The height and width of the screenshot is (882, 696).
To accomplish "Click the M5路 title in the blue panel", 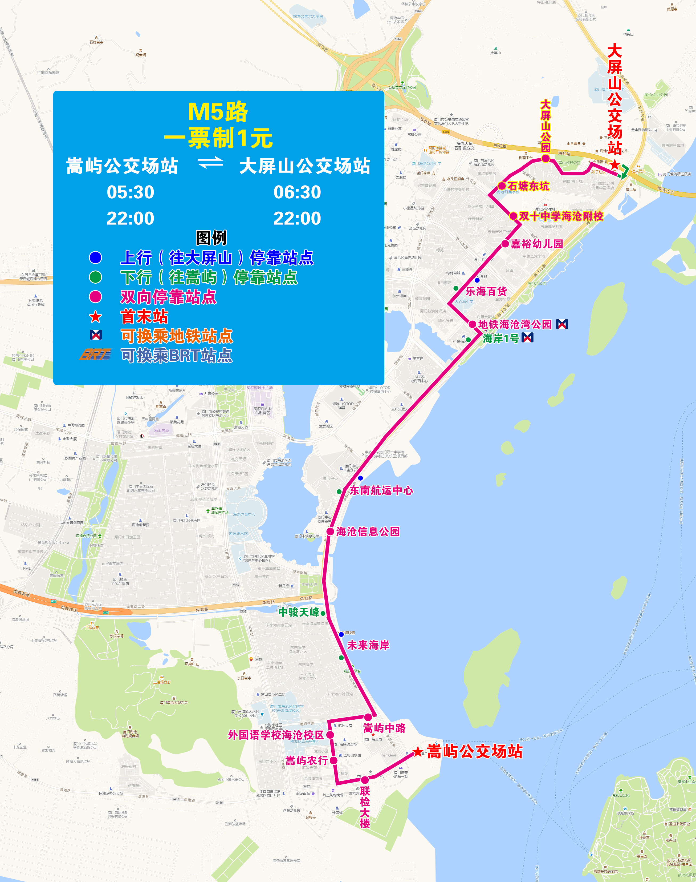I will [218, 111].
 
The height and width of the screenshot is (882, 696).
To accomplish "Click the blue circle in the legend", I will [95, 257].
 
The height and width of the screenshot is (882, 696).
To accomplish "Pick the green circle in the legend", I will [95, 277].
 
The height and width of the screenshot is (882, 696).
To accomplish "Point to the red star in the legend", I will [95, 316].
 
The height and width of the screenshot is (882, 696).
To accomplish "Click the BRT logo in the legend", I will [95, 355].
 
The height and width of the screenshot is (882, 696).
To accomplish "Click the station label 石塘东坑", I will [528, 186].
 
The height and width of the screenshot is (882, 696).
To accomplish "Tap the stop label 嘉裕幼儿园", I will [537, 244].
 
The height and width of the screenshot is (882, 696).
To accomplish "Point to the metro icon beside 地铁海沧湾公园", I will [562, 324].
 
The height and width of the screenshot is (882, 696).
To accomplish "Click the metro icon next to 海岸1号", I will [527, 338].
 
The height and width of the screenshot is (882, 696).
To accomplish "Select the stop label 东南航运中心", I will [381, 490].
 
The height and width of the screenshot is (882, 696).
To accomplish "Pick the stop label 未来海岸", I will [368, 645].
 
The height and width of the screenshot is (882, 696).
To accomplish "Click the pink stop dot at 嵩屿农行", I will [333, 760].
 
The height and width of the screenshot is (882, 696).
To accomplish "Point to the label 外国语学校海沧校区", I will [276, 735].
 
